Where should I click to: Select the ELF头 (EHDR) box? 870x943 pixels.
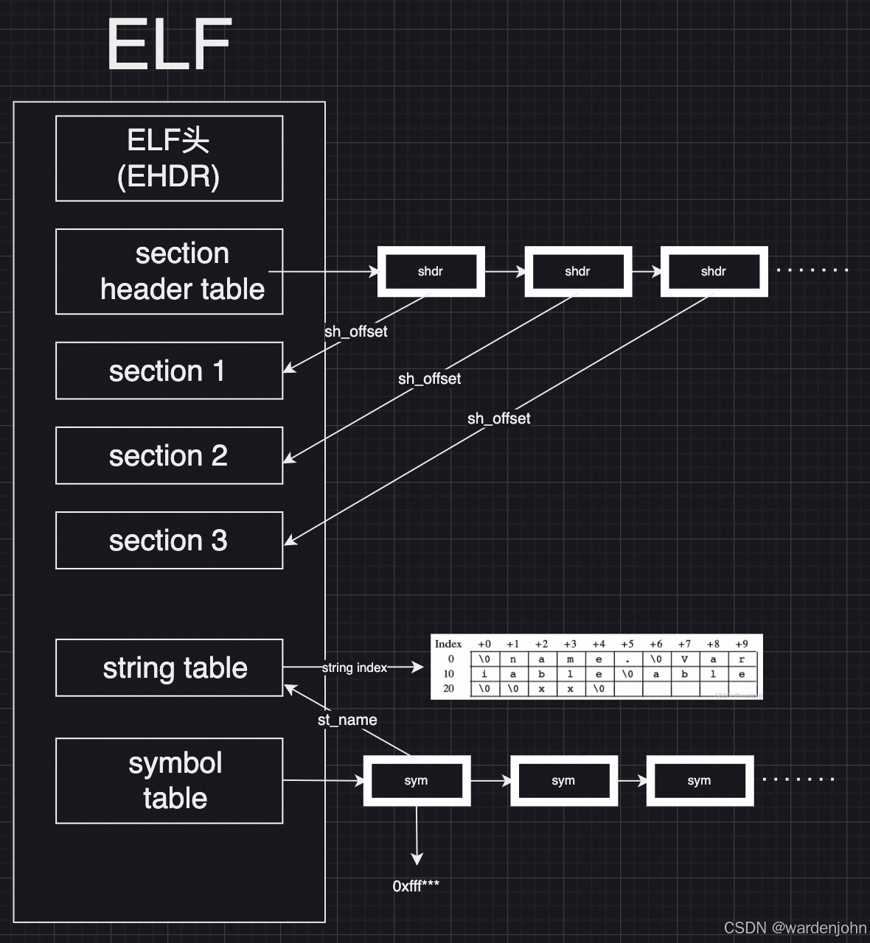pyautogui.click(x=169, y=158)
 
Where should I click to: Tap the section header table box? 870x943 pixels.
pyautogui.click(x=169, y=271)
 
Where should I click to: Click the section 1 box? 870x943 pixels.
pyautogui.click(x=169, y=371)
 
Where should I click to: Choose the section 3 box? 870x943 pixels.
pyautogui.click(x=169, y=540)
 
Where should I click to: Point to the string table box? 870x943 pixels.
pyautogui.click(x=169, y=667)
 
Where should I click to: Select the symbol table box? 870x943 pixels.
pyautogui.click(x=169, y=780)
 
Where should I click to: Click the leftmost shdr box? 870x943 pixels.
pyautogui.click(x=431, y=271)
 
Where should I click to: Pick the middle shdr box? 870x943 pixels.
pyautogui.click(x=577, y=271)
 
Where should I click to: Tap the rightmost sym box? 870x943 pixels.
pyautogui.click(x=699, y=780)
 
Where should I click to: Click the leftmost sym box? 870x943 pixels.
pyautogui.click(x=417, y=780)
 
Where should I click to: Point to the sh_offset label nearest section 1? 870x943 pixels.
pyautogui.click(x=355, y=332)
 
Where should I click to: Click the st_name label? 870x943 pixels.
pyautogui.click(x=347, y=720)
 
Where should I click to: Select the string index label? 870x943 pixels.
pyautogui.click(x=354, y=667)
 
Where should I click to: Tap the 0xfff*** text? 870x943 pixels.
pyautogui.click(x=416, y=886)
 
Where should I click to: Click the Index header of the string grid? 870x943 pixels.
pyautogui.click(x=448, y=644)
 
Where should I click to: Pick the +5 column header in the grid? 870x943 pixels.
pyautogui.click(x=627, y=644)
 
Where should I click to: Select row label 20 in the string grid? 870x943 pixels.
pyautogui.click(x=448, y=688)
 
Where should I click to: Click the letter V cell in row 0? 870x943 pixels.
pyautogui.click(x=684, y=659)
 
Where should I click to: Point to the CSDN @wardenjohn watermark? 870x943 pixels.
pyautogui.click(x=795, y=928)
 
